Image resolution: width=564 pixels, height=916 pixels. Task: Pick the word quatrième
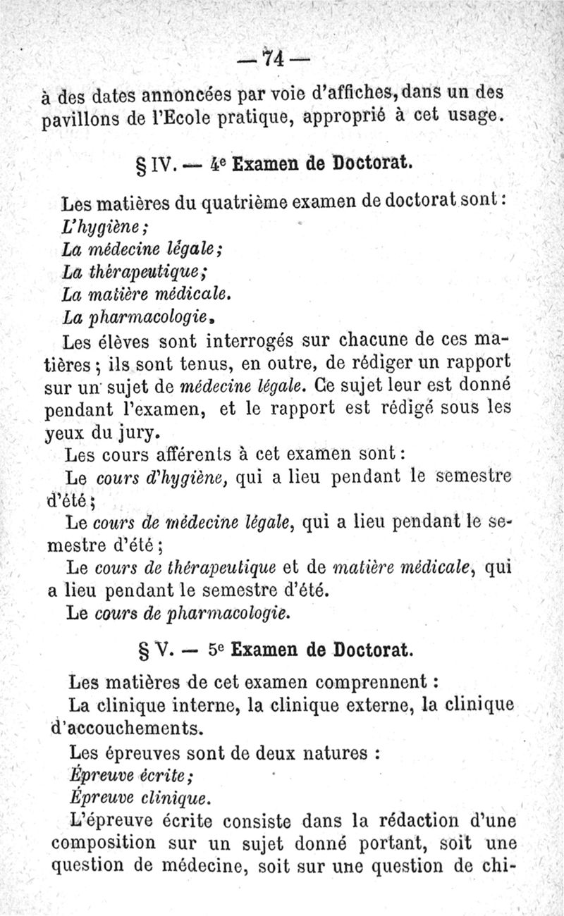[243, 205]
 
